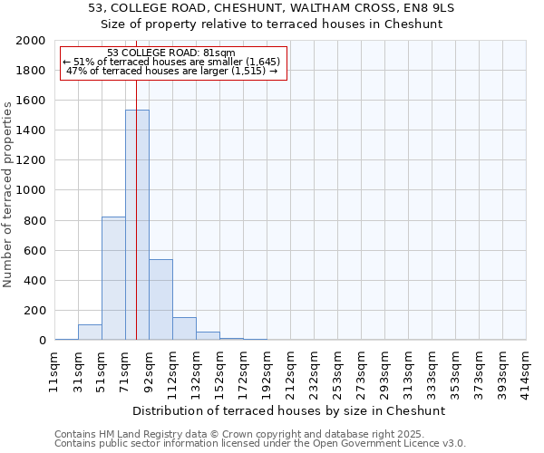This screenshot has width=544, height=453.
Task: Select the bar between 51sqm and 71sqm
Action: pos(113,278)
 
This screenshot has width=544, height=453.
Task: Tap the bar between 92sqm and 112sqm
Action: pos(160,299)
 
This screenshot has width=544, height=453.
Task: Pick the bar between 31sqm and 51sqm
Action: pos(90,332)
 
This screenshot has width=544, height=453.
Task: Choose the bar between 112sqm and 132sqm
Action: pos(184,329)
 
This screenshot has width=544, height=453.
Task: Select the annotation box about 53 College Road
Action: pos(172,63)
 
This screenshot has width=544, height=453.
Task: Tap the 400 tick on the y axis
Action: pos(34,281)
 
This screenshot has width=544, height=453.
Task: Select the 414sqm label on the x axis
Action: pos(526,372)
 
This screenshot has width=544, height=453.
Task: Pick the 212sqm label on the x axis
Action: pos(290,372)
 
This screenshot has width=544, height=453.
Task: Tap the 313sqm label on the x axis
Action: pos(408,372)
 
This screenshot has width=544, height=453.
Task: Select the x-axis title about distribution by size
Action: pos(290,410)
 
